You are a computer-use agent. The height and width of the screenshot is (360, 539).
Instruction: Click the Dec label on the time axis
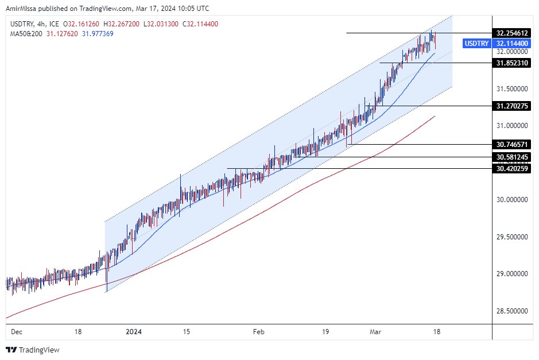pyautogui.click(x=17, y=332)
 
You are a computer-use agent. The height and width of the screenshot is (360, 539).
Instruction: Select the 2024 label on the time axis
pyautogui.click(x=133, y=332)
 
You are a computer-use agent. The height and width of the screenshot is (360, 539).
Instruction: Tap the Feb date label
pyautogui.click(x=259, y=332)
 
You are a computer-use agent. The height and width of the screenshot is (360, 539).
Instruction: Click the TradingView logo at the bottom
pyautogui.click(x=33, y=350)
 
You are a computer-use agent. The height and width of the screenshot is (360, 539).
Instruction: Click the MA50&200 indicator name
pyautogui.click(x=25, y=33)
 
